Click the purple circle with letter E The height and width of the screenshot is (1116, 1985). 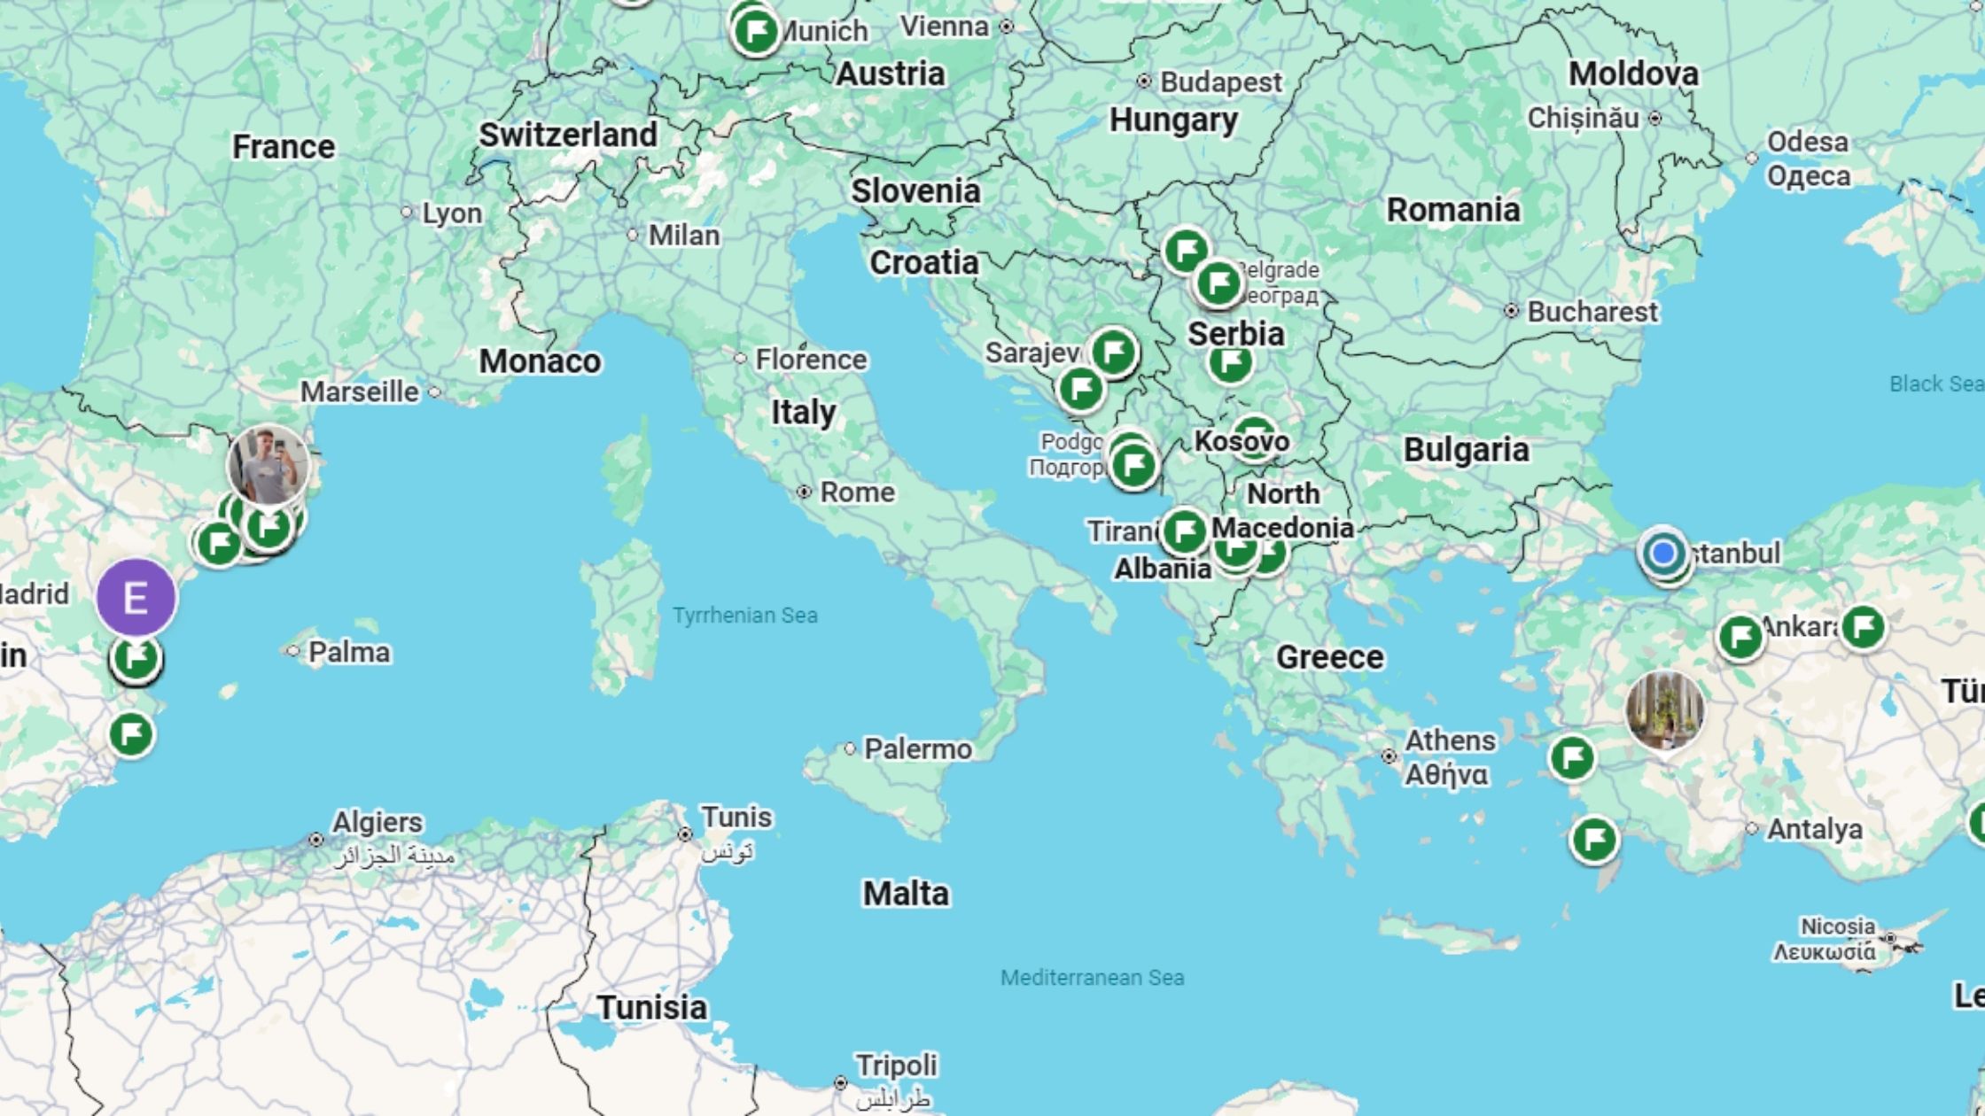[x=136, y=598]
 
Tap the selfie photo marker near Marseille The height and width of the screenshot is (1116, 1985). [x=268, y=465]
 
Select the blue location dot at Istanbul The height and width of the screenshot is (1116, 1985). [x=1662, y=553]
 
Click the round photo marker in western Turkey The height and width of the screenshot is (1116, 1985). [x=1664, y=709]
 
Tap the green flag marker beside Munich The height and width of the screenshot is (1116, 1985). [x=756, y=33]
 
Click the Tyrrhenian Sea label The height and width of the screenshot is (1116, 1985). [x=744, y=616]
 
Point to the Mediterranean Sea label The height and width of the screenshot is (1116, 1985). [x=1092, y=978]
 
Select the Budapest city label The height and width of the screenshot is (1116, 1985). [x=1220, y=82]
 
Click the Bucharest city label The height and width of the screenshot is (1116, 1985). [x=1592, y=312]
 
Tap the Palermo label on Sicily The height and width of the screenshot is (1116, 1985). [x=917, y=749]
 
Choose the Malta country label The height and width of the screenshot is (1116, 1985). [x=906, y=894]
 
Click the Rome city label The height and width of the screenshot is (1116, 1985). [x=856, y=492]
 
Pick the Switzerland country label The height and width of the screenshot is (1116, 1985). [x=568, y=135]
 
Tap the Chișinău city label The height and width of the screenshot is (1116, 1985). [x=1583, y=118]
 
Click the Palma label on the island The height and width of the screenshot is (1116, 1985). [x=348, y=653]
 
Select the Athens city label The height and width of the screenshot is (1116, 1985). [x=1450, y=740]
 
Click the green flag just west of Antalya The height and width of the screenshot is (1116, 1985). [x=1594, y=839]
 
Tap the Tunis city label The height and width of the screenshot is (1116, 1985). [x=736, y=817]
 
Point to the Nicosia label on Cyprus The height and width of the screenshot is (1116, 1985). [x=1837, y=926]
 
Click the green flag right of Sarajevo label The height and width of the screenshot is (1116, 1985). [x=1113, y=352]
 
